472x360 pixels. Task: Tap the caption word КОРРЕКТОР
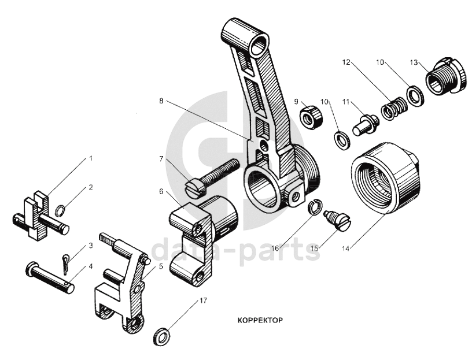pos(260,319)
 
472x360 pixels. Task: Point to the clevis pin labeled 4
pos(50,277)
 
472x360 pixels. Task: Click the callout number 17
pos(202,301)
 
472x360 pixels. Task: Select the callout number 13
pos(414,62)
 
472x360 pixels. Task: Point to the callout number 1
pos(90,158)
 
